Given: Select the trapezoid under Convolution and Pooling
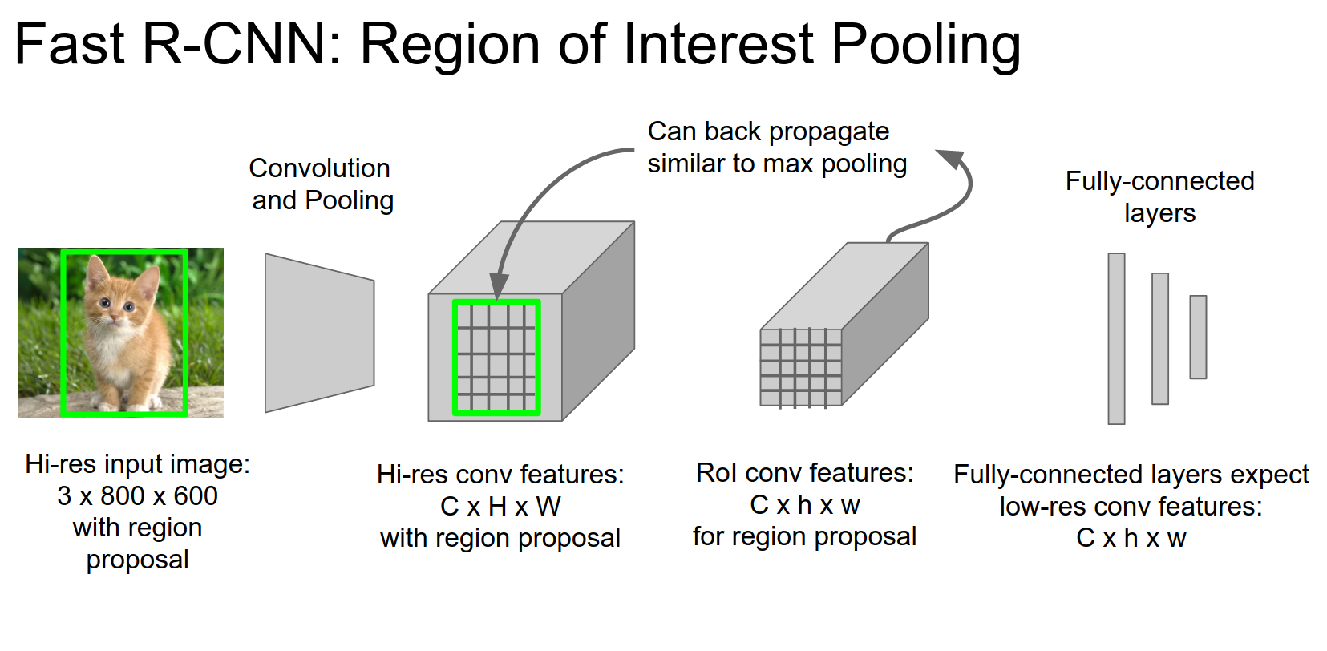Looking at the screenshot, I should [x=319, y=333].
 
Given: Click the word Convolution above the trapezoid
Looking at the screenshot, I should [x=319, y=168].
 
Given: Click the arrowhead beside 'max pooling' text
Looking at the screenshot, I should [x=949, y=158].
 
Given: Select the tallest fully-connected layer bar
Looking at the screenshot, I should [x=1116, y=338].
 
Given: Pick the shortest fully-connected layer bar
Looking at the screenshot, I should [x=1198, y=337].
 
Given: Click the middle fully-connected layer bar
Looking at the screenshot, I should [x=1159, y=338].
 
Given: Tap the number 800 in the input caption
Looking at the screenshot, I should [x=122, y=496].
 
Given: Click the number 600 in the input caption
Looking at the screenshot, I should [x=195, y=496].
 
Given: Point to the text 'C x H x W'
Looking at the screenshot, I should [x=500, y=507].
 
